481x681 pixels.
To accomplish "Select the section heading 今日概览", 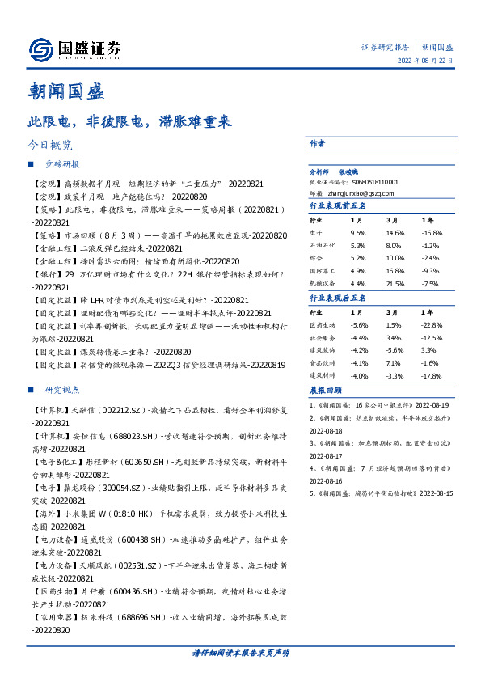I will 49,146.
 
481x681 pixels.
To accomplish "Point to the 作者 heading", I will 317,142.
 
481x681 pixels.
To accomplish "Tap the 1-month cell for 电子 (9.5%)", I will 357,232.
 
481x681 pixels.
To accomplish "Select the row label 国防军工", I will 321,271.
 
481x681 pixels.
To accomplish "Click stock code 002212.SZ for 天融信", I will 103,410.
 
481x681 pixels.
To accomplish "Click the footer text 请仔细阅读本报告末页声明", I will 240,653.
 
